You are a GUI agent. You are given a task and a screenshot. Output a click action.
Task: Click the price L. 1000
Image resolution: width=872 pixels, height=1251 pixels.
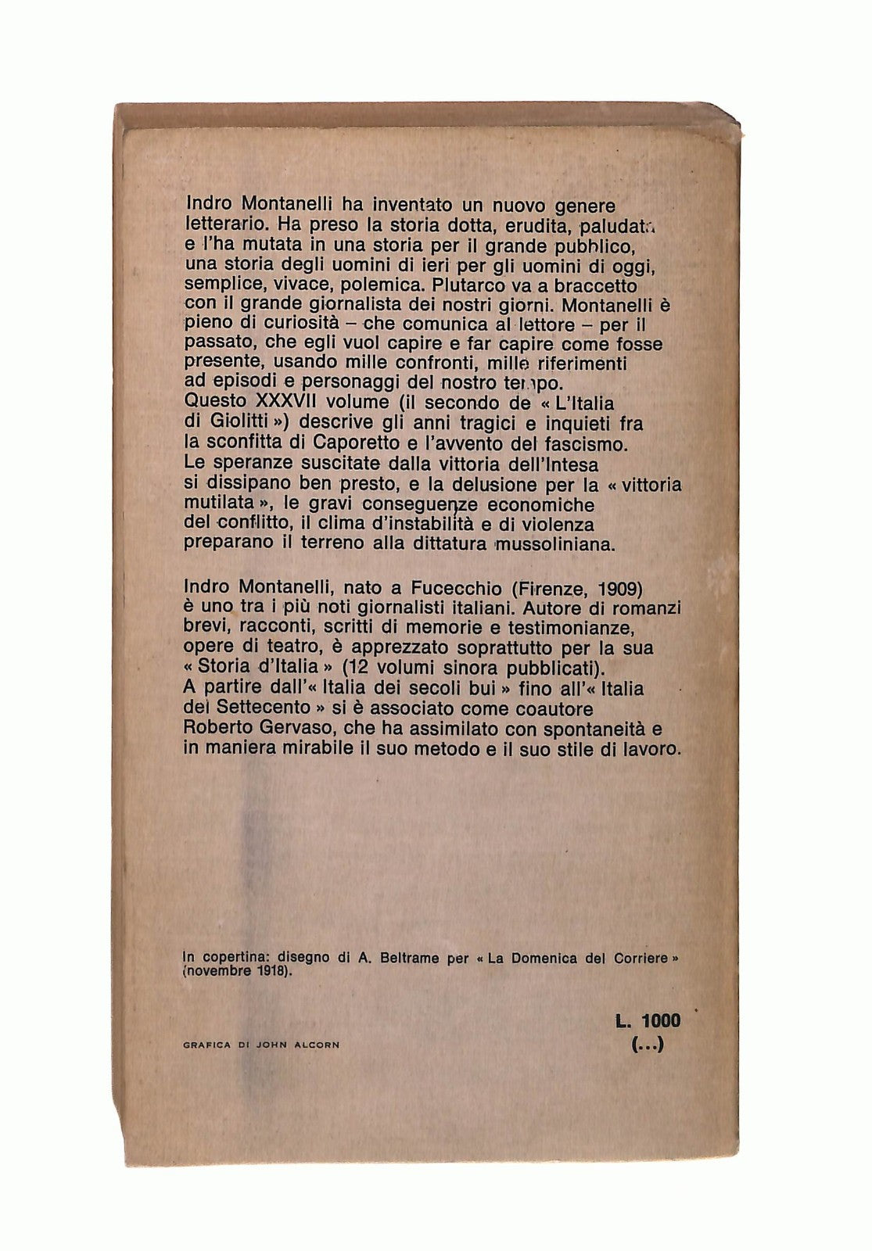pyautogui.click(x=648, y=1020)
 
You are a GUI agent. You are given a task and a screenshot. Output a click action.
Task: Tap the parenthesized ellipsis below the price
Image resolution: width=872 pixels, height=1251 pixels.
pyautogui.click(x=648, y=1044)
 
